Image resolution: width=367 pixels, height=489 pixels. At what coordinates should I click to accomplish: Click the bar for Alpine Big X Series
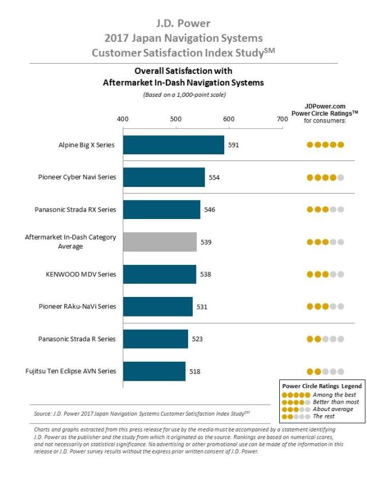tap(173, 145)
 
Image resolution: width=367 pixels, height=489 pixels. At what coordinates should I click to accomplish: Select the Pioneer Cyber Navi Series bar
tap(163, 177)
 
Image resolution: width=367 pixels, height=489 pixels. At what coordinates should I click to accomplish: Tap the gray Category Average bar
tap(159, 242)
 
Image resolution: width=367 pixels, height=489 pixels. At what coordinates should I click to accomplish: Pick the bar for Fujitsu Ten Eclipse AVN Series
tap(154, 371)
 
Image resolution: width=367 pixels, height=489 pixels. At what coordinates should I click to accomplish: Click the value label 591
tap(233, 145)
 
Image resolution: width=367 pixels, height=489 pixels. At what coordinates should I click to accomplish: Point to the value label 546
tap(209, 210)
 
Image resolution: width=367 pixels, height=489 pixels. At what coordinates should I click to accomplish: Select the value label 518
tap(194, 371)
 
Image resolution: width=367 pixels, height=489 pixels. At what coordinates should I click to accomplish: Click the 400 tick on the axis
tap(122, 119)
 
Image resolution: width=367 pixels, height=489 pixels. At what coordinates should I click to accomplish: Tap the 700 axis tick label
tap(282, 119)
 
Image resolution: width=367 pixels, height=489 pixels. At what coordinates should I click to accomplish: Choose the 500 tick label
tap(175, 119)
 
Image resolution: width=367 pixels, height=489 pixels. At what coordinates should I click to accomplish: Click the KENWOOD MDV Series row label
tap(81, 274)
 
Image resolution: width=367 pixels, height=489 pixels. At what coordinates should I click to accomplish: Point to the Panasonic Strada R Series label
tap(77, 339)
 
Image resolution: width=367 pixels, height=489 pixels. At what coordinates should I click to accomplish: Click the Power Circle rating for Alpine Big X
tap(325, 145)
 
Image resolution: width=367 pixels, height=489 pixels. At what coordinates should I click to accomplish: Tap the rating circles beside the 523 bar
tap(325, 339)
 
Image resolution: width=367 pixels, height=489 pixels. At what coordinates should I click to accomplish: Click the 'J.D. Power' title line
tap(183, 24)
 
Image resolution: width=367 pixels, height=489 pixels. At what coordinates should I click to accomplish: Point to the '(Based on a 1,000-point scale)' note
tap(183, 95)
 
